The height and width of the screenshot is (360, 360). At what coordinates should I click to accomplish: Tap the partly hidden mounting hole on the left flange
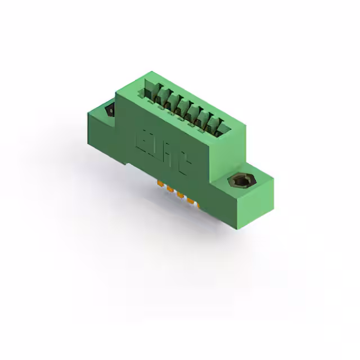(110, 110)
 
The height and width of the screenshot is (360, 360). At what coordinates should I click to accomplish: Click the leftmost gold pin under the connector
(160, 184)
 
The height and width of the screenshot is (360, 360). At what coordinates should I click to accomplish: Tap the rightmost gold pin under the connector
(191, 201)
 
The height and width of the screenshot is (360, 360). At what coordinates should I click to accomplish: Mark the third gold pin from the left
(181, 195)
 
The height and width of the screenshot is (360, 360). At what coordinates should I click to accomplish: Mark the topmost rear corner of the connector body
(151, 71)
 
